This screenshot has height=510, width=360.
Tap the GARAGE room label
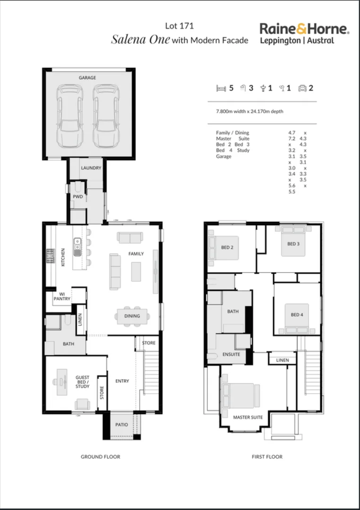(87, 77)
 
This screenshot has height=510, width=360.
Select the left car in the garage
(69, 116)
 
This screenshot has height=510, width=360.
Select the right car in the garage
(105, 116)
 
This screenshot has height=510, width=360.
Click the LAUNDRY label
(90, 168)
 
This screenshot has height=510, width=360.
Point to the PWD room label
(77, 196)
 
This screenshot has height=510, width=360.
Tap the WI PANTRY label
(65, 296)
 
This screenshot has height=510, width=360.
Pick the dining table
(132, 316)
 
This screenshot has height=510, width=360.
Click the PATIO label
(121, 425)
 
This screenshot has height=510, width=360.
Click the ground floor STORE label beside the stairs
(149, 343)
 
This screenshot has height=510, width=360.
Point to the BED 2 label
(227, 247)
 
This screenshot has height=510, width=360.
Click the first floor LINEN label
(282, 360)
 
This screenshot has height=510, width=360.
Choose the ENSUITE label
(231, 354)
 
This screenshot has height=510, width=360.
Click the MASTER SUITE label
(248, 417)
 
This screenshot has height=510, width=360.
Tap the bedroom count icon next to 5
(220, 88)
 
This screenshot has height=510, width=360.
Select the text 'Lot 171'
(179, 26)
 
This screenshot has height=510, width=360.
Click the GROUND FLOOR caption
(100, 457)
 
